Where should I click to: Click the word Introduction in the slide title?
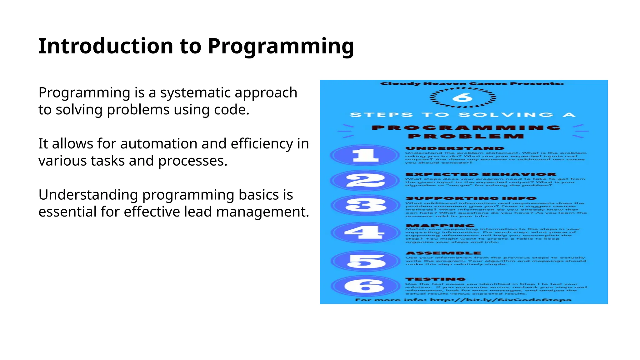[106, 46]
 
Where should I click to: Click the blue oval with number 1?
[365, 155]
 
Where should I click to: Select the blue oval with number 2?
[365, 181]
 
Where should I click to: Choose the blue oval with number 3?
[365, 205]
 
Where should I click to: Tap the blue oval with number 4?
[365, 232]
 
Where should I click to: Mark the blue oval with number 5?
[365, 261]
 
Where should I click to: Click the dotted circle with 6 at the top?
[463, 97]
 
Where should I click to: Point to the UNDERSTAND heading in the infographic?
[455, 148]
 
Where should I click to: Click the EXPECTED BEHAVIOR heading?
[481, 174]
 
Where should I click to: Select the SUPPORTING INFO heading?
[471, 198]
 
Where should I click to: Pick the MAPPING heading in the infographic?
[440, 226]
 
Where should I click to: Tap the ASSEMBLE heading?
[443, 253]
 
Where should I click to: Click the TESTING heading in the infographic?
[435, 279]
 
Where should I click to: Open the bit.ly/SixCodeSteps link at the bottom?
[500, 300]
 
